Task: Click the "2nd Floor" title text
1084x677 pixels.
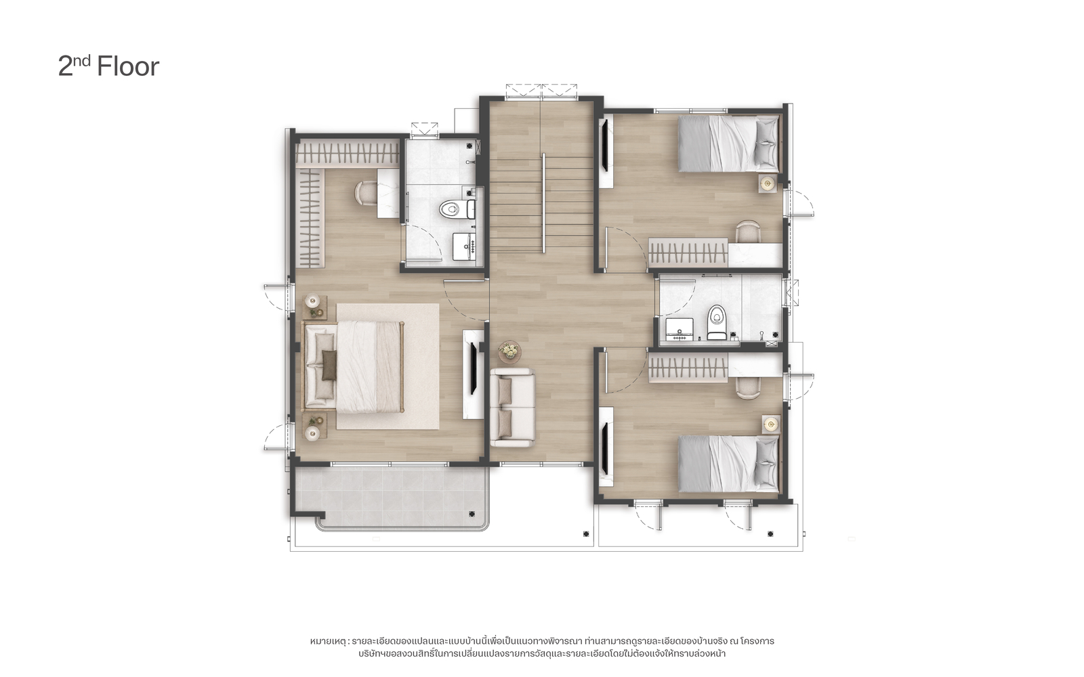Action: point(108,66)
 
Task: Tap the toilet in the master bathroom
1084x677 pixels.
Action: point(457,209)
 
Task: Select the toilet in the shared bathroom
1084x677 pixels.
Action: point(717,322)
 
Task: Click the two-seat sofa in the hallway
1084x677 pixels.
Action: point(512,408)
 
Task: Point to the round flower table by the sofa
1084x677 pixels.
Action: point(509,351)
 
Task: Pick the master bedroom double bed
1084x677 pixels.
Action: point(353,367)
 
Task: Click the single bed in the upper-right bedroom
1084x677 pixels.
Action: point(728,143)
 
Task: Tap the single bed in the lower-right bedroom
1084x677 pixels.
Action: point(728,464)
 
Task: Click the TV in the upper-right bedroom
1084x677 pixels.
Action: point(605,145)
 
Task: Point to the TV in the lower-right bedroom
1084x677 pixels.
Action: point(605,448)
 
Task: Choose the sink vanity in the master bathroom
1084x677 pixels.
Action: point(465,246)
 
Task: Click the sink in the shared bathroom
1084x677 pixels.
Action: point(680,330)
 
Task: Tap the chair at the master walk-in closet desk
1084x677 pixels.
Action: point(367,192)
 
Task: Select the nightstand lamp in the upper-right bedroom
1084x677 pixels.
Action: point(767,183)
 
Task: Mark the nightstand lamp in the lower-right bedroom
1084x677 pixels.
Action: point(771,424)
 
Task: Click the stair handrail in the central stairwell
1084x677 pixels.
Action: point(543,203)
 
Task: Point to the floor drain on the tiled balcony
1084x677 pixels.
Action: point(472,514)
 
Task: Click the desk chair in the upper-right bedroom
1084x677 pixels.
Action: point(748,231)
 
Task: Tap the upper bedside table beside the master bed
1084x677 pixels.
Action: point(315,307)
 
